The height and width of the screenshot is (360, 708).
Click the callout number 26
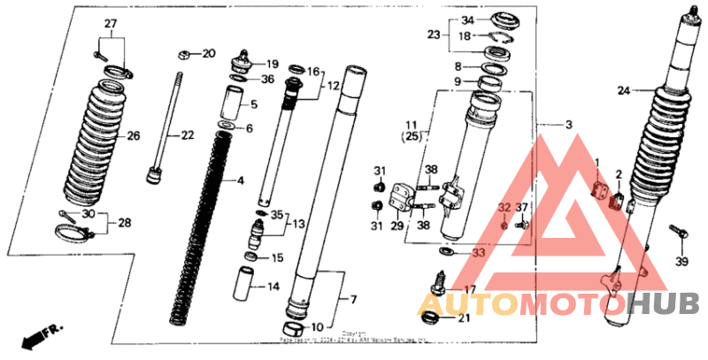[x=134, y=136]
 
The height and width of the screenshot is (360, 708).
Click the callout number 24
[x=622, y=89]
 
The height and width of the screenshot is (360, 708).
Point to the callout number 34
[x=468, y=20]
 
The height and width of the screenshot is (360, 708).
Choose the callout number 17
[x=468, y=289]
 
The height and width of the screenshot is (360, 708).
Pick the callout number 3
[x=569, y=125]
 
